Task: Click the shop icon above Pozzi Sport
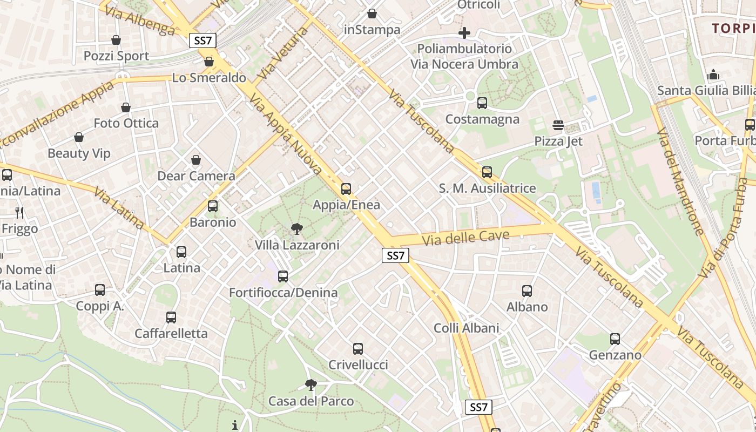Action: [116, 40]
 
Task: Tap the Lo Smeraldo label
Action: [209, 78]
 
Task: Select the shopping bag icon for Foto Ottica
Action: [126, 108]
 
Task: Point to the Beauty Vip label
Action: [79, 153]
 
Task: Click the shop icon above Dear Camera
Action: [196, 160]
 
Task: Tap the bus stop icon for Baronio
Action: [213, 206]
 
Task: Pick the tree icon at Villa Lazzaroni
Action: [296, 230]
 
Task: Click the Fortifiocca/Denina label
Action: [283, 293]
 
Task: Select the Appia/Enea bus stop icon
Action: [346, 189]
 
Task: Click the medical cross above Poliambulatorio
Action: [464, 33]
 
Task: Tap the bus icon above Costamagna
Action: [482, 103]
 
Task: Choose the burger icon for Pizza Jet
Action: [558, 126]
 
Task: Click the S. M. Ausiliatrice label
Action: [487, 188]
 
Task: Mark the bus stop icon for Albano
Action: [527, 291]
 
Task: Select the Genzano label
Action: [615, 355]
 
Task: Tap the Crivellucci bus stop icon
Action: [358, 349]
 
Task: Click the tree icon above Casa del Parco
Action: [310, 385]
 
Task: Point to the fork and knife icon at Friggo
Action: [19, 213]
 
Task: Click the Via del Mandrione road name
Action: [680, 183]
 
